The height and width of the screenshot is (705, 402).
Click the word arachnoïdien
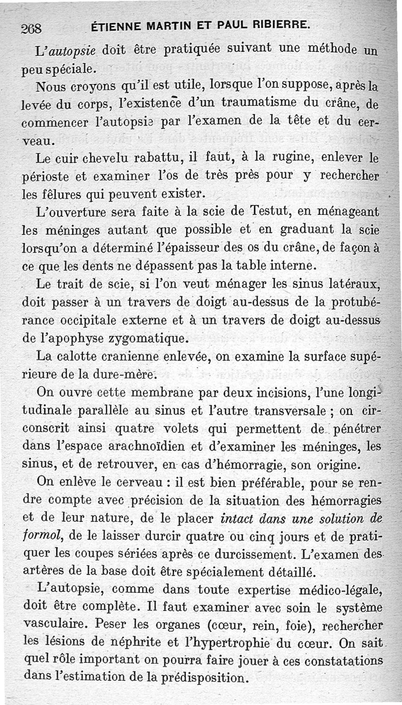click(x=159, y=446)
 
